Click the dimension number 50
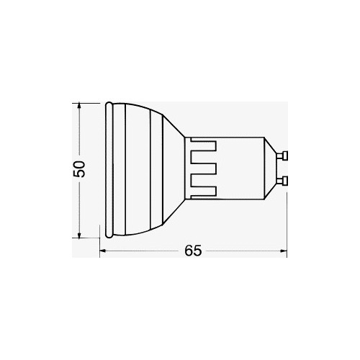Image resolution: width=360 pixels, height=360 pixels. pos(80,168)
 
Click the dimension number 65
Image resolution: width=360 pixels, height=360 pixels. pos(192,251)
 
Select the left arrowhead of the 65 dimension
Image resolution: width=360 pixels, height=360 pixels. pos(103,251)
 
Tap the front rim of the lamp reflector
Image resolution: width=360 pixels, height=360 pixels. pos(108,169)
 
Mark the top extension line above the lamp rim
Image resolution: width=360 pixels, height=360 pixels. pos(90,101)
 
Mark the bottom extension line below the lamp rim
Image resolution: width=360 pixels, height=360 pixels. pos(90,237)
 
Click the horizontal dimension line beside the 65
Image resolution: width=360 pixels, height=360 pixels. pos(144,251)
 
